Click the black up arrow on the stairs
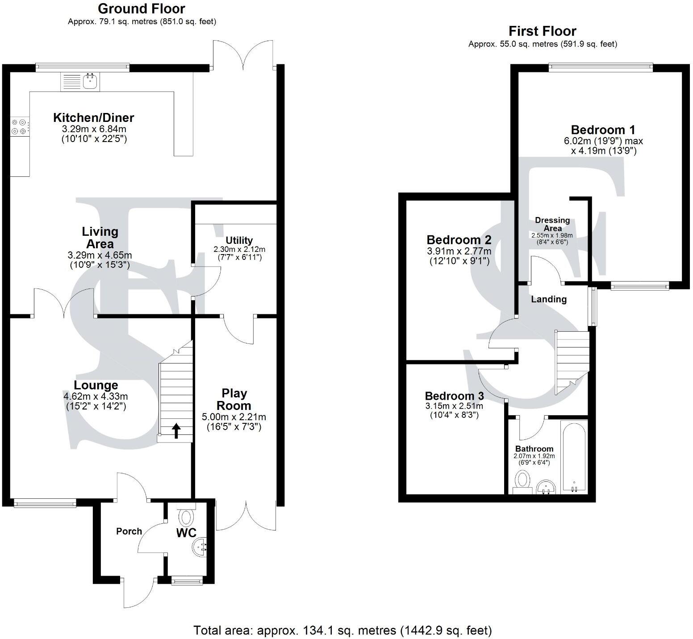[x=176, y=431]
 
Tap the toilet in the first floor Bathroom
[x=522, y=484]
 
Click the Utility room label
[x=239, y=241]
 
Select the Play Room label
[x=234, y=399]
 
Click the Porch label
[x=129, y=531]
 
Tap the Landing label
[x=548, y=299]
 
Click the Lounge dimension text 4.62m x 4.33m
[x=96, y=396]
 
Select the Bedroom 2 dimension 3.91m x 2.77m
[x=459, y=251]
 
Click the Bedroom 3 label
[x=454, y=396]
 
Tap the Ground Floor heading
[x=142, y=8]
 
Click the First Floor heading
[x=542, y=31]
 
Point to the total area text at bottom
[x=342, y=630]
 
